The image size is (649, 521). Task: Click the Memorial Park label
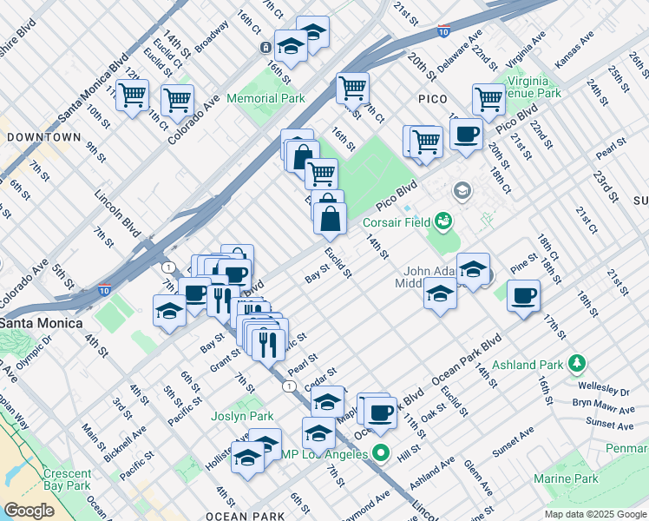[x=265, y=98]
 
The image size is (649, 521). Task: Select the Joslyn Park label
[x=242, y=416]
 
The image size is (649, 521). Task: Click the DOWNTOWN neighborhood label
[x=43, y=137]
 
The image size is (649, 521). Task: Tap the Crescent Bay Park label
[x=67, y=479]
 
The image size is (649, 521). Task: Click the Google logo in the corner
[x=29, y=511]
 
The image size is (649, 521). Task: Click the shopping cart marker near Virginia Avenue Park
[x=488, y=99]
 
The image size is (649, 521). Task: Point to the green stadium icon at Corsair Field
[x=443, y=221]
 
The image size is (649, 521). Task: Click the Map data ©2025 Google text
[x=595, y=514]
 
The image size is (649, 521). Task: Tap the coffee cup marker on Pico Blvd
[x=466, y=135]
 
